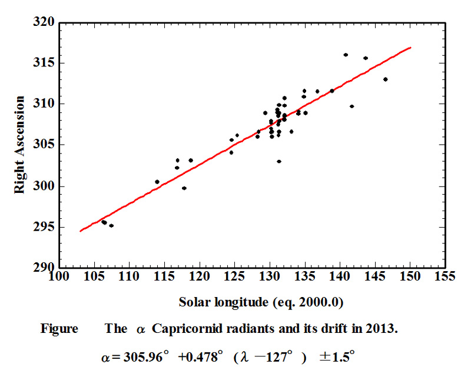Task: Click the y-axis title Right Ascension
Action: (x=22, y=145)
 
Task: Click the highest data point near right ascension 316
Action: (x=346, y=55)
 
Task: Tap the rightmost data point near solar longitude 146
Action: (x=385, y=79)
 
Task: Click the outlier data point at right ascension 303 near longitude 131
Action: (x=279, y=161)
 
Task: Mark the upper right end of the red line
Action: (x=410, y=47)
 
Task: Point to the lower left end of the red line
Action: (x=80, y=231)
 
